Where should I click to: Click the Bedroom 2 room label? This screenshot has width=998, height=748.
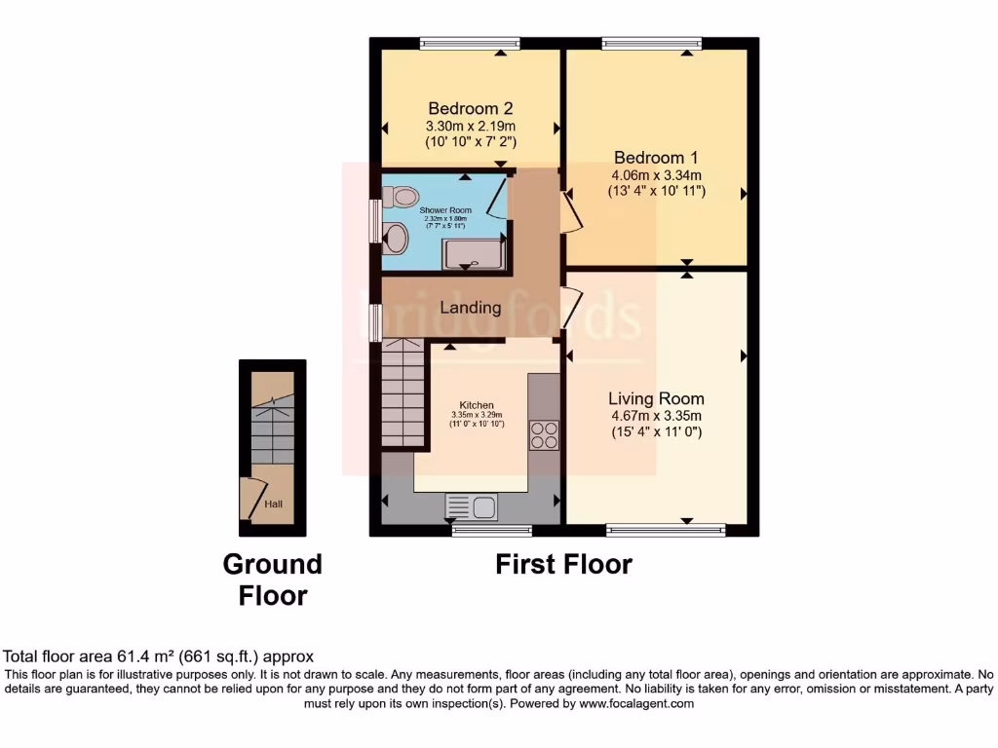pyautogui.click(x=471, y=108)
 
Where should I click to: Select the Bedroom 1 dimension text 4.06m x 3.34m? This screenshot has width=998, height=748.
pyautogui.click(x=656, y=174)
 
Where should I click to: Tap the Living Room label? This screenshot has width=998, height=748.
pyautogui.click(x=656, y=398)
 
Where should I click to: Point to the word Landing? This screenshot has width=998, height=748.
pyautogui.click(x=471, y=308)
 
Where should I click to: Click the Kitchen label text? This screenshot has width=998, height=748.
pyautogui.click(x=477, y=405)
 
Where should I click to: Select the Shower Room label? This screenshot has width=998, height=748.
pyautogui.click(x=445, y=210)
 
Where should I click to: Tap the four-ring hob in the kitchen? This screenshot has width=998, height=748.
pyautogui.click(x=544, y=434)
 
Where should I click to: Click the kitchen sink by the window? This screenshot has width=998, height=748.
pyautogui.click(x=472, y=506)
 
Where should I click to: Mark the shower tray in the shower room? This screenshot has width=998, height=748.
pyautogui.click(x=474, y=254)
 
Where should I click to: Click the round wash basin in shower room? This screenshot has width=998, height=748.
pyautogui.click(x=396, y=237)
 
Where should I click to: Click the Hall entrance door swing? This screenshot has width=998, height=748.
pyautogui.click(x=252, y=500)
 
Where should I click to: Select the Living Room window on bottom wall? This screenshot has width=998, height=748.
pyautogui.click(x=666, y=531)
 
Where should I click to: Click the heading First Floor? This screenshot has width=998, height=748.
pyautogui.click(x=563, y=564)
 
